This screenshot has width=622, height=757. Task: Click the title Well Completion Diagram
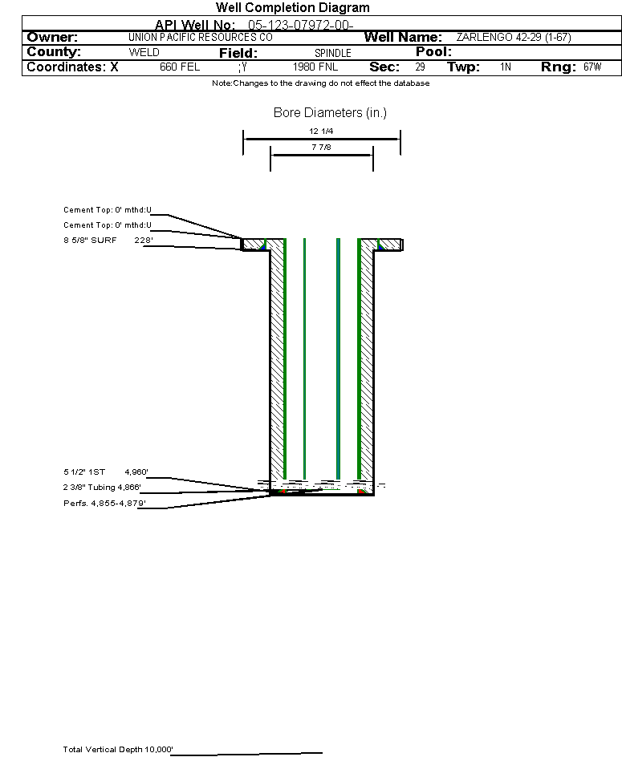coord(292,8)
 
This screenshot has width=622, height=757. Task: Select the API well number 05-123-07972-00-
coord(301,25)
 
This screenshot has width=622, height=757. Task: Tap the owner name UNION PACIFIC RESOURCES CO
coord(201,37)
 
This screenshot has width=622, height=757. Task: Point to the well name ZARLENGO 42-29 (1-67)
coord(514,37)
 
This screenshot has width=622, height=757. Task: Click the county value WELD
coord(144,52)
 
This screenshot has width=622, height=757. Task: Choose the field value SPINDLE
coord(333,53)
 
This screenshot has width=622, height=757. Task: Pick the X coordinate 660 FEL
coord(180,67)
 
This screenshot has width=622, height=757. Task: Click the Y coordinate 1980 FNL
coord(315,67)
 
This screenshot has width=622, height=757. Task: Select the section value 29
coord(420,67)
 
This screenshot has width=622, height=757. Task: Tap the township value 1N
coord(506,67)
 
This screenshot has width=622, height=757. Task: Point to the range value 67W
coord(592,67)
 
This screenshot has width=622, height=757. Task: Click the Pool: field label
coord(433,51)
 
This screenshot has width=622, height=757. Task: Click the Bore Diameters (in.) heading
coord(330,112)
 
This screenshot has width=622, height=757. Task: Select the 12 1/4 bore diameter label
coord(321,131)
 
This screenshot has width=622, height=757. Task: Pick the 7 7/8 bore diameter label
coord(321,147)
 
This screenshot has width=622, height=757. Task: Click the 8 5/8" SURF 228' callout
coord(108,240)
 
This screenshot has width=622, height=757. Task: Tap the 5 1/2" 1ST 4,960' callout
coord(106,472)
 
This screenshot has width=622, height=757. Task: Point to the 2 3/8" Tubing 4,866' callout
coord(102,487)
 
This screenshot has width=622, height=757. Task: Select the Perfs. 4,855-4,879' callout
coord(104,503)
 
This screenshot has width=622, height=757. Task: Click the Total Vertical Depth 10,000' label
coord(118,749)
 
